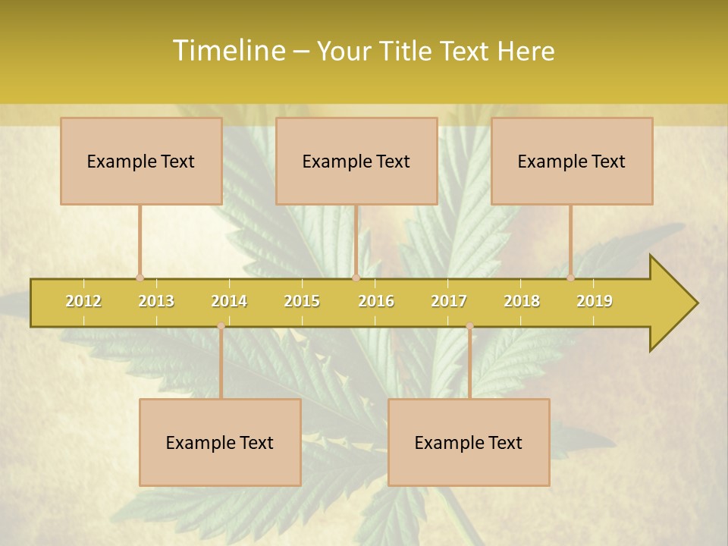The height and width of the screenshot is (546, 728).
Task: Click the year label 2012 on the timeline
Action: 83,301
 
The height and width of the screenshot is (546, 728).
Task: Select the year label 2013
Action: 156,301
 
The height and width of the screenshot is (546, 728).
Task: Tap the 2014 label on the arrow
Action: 229,301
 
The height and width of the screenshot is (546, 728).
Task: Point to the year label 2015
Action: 302,301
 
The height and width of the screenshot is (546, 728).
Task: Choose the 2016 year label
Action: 376,301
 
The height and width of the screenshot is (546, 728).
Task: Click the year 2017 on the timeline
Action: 449,301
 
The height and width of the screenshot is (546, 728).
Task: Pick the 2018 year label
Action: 522,301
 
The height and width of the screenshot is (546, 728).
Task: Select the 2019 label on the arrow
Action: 595,301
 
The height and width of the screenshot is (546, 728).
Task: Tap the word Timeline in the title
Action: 228,51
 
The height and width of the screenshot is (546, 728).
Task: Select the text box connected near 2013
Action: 141,161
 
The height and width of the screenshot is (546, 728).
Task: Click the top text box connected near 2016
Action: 356,161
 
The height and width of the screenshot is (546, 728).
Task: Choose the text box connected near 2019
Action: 572,161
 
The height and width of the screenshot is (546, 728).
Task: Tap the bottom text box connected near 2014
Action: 220,442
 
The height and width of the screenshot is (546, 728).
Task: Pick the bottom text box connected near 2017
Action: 469,442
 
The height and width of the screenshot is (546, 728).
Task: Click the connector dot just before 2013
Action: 140,278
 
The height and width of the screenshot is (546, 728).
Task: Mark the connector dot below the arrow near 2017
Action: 469,326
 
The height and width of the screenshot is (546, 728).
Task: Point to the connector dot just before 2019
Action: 570,278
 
